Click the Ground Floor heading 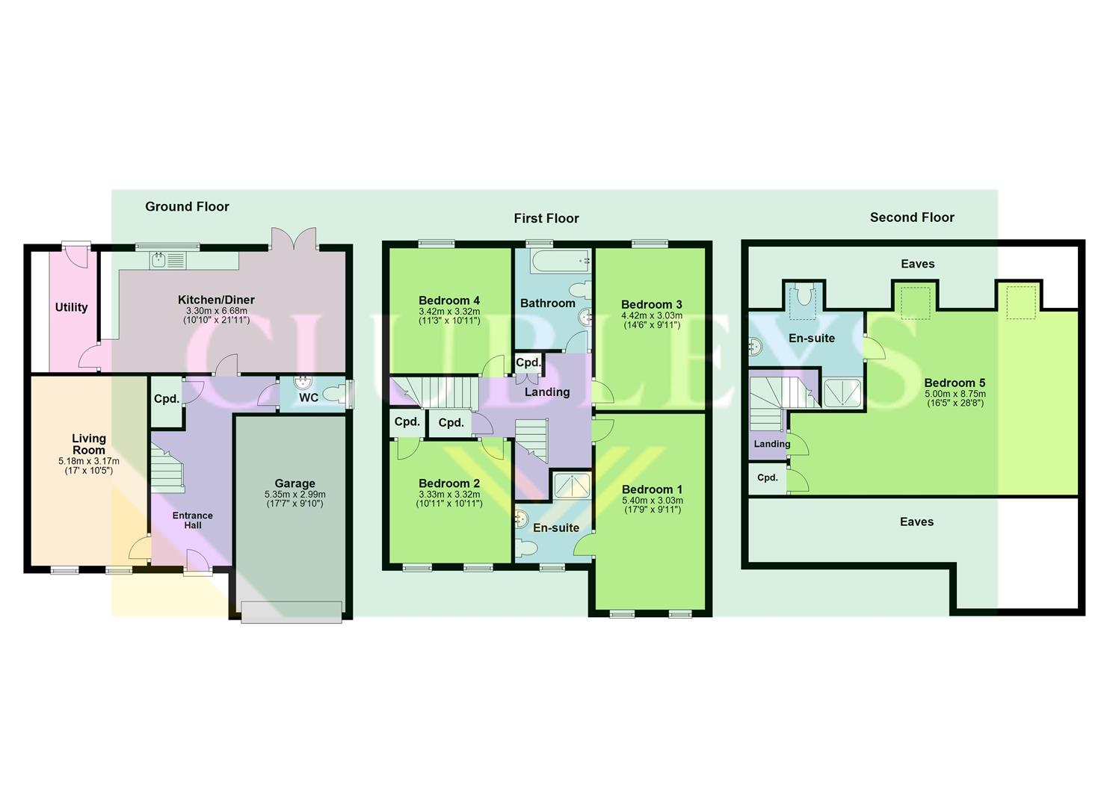click(187, 207)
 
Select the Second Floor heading click(912, 217)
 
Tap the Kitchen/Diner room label click(216, 300)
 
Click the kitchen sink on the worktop click(159, 260)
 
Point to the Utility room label click(71, 307)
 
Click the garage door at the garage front click(292, 612)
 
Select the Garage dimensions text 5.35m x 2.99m click(295, 495)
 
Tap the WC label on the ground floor click(309, 398)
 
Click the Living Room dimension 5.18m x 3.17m click(88, 462)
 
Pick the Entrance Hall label click(193, 520)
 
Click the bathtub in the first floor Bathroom click(560, 261)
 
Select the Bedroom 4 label click(449, 300)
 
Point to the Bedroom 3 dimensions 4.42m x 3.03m click(651, 315)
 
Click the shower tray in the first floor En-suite click(573, 486)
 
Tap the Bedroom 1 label click(652, 489)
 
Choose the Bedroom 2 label click(449, 483)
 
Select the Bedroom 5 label click(955, 383)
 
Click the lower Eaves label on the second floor click(916, 522)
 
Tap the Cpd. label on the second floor click(768, 477)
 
